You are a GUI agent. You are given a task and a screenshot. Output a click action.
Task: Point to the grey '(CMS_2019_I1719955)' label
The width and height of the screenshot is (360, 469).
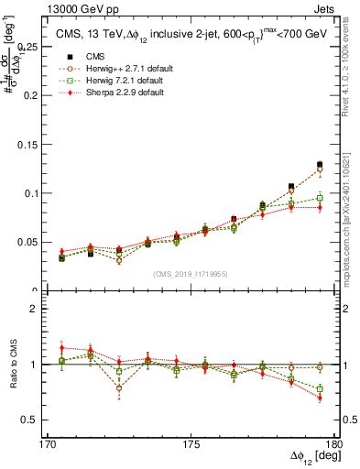tap(191, 274)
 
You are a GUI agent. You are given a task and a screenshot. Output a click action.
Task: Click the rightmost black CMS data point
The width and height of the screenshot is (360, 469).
tap(320, 165)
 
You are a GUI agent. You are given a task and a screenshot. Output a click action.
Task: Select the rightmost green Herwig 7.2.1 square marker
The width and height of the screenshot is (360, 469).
tap(320, 198)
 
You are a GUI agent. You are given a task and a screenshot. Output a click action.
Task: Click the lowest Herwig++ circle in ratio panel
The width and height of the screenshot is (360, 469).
tap(119, 388)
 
